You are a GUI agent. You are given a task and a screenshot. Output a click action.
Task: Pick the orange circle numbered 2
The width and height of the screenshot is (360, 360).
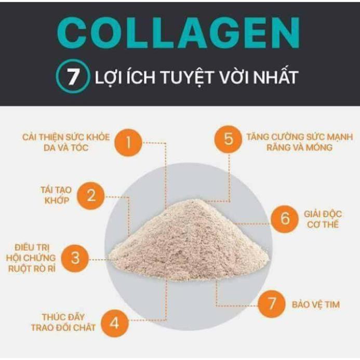pos(91,196)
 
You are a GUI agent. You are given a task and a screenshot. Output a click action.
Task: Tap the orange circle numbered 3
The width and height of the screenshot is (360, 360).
pos(75,257)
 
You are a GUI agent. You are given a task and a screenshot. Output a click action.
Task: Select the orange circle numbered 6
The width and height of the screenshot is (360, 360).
pos(285,218)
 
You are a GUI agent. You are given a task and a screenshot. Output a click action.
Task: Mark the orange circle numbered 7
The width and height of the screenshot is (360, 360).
pos(271,304)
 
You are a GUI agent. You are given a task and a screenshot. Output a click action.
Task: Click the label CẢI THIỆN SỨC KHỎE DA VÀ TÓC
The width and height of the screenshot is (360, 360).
pos(66,142)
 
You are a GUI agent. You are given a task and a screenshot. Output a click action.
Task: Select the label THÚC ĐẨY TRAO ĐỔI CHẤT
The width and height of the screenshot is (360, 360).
pos(66,322)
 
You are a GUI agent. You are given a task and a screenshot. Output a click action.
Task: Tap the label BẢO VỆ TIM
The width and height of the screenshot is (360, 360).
pos(316,304)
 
